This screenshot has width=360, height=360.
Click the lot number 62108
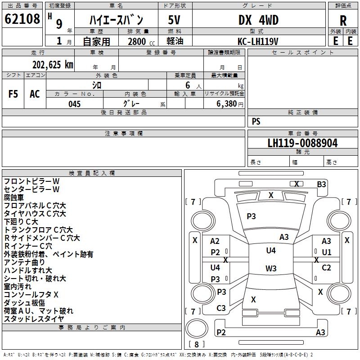(x=22, y=19)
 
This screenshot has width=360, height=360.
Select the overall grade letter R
(x=343, y=21)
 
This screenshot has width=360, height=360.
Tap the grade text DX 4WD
(x=258, y=20)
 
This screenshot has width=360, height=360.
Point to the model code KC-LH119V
(x=258, y=41)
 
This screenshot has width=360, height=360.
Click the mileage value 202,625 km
(x=53, y=64)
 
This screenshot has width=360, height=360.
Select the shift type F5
(x=13, y=94)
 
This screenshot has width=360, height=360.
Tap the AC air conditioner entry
(x=35, y=94)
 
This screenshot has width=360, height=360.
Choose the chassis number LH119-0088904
(x=302, y=143)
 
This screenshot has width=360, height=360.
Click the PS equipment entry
(x=256, y=121)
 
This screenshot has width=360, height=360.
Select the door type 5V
(x=175, y=20)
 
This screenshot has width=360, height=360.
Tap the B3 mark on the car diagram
(x=321, y=184)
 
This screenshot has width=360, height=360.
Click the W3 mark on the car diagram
(x=271, y=269)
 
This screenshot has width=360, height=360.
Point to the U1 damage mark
(x=326, y=252)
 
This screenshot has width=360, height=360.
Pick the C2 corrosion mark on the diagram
(x=326, y=268)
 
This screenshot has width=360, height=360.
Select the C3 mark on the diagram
(x=221, y=308)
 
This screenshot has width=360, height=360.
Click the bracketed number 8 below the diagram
(x=197, y=345)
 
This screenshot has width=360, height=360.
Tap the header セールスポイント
(x=303, y=52)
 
